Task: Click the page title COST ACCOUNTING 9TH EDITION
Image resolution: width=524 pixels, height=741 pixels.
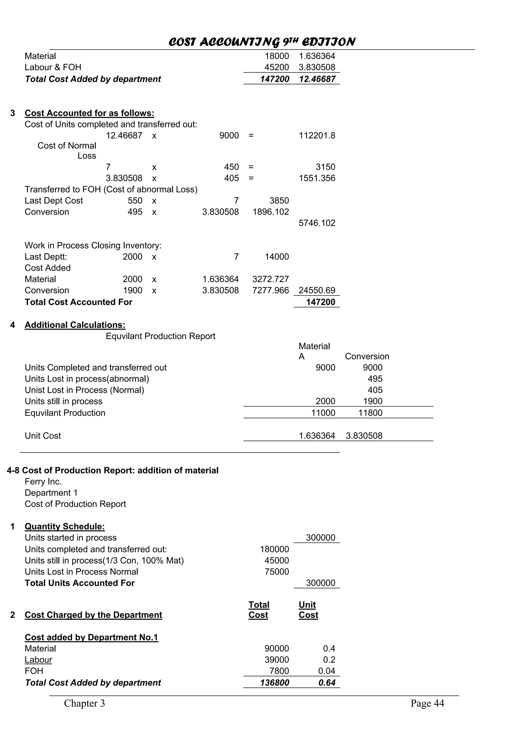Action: coord(261,42)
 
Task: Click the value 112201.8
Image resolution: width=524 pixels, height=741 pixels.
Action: coord(317,136)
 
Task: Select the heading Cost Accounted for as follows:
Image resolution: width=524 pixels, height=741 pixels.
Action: coord(90,113)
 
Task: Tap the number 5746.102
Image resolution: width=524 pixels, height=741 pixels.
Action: coord(317,223)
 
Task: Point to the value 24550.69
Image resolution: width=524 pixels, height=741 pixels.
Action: coord(317,290)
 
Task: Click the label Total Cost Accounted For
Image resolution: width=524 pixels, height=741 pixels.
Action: coord(79,302)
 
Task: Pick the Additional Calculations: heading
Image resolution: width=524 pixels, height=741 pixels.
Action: coord(75,325)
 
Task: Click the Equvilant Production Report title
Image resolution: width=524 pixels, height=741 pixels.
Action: coord(160,336)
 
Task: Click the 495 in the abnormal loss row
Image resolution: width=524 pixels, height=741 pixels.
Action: coord(375,379)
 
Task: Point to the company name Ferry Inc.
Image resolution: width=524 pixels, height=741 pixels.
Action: coord(43,481)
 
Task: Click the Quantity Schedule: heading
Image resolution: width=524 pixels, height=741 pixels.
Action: coord(64,526)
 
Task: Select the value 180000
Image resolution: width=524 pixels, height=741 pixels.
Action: coord(275,549)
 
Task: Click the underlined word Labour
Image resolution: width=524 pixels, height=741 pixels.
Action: coord(38,660)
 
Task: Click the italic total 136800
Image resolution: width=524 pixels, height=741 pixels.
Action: coord(275,683)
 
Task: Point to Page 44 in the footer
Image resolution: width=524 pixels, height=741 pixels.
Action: coord(427,703)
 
